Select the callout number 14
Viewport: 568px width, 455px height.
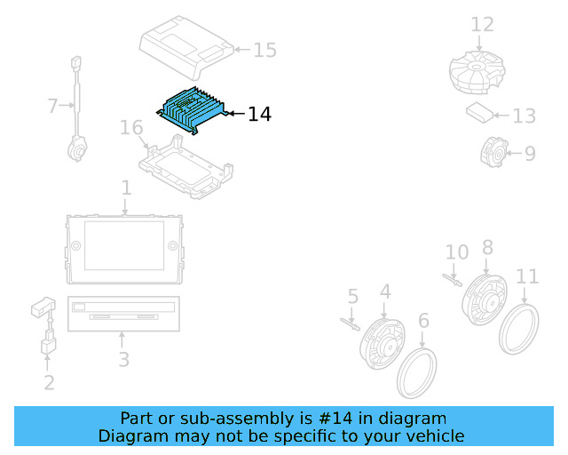click(259, 114)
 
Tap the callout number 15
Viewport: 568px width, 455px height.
click(265, 50)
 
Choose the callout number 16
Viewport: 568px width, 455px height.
click(131, 129)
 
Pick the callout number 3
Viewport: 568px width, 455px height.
click(124, 359)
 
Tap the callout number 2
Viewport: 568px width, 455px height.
click(49, 382)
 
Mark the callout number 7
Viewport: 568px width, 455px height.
click(52, 107)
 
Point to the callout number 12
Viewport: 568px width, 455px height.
click(482, 24)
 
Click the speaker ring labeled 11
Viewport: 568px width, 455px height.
click(520, 330)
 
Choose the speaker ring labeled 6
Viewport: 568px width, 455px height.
click(416, 373)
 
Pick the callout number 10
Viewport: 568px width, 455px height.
click(456, 252)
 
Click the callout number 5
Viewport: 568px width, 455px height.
click(352, 296)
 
